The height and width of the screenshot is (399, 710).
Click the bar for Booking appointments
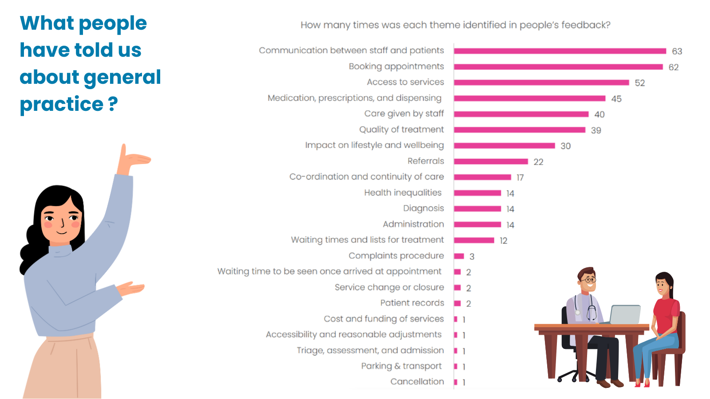pyautogui.click(x=558, y=67)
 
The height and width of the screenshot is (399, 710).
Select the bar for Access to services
pyautogui.click(x=541, y=82)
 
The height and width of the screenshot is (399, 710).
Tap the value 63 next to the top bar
pyautogui.click(x=677, y=51)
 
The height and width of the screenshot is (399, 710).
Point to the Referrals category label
pyautogui.click(x=426, y=161)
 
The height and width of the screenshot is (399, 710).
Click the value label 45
pyautogui.click(x=616, y=99)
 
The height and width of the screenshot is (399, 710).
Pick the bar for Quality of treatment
pyautogui.click(x=520, y=130)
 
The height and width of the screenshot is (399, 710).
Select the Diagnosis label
pyautogui.click(x=423, y=208)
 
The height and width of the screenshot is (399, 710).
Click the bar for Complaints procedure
pyautogui.click(x=459, y=256)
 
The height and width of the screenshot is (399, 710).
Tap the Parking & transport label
pyautogui.click(x=401, y=366)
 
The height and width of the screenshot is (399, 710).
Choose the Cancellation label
pyautogui.click(x=417, y=382)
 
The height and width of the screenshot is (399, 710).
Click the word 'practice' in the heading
pyautogui.click(x=62, y=104)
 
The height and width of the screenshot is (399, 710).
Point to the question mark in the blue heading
pyautogui.click(x=113, y=104)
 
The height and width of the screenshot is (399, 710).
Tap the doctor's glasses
pyautogui.click(x=588, y=280)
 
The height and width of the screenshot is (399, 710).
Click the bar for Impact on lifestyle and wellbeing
pyautogui.click(x=504, y=146)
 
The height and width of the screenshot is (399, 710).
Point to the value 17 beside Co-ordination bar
pyautogui.click(x=520, y=178)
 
